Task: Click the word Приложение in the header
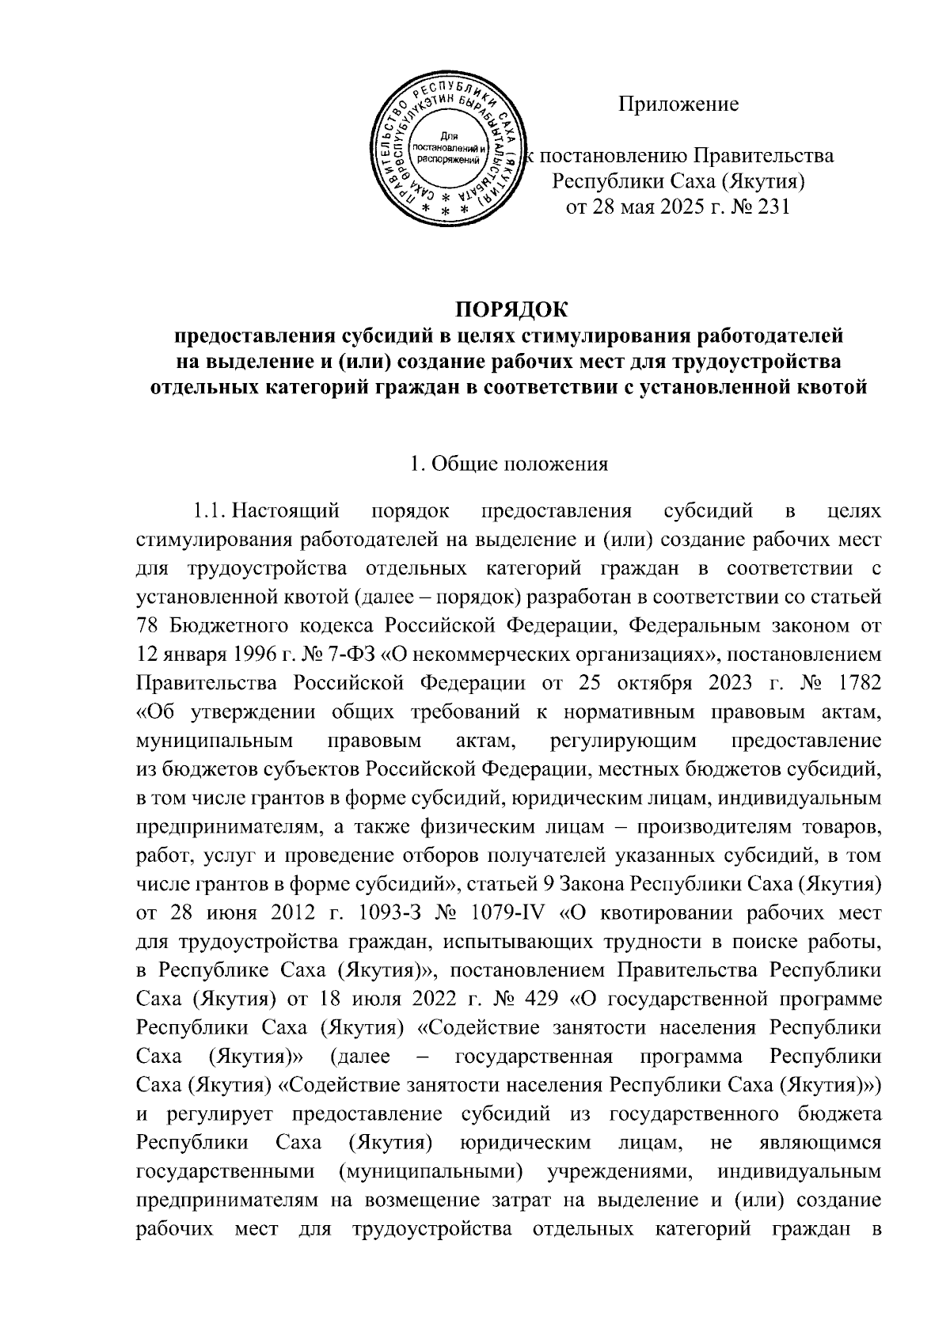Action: [x=678, y=104]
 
